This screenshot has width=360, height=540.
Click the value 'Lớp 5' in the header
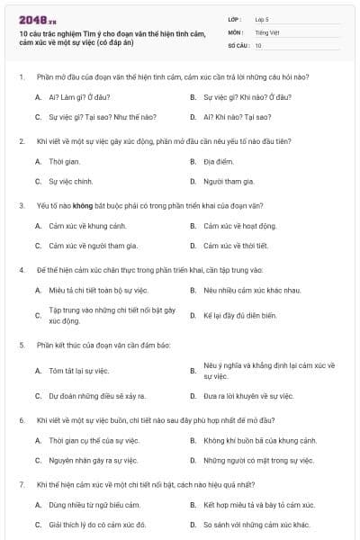pyautogui.click(x=263, y=19)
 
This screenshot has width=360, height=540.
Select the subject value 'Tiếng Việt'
pyautogui.click(x=266, y=31)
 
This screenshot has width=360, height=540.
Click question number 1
pyautogui.click(x=21, y=77)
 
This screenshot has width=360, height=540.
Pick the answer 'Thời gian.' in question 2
pyautogui.click(x=65, y=161)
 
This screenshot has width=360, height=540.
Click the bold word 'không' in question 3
pyautogui.click(x=94, y=205)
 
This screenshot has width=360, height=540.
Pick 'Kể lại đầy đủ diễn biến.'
pyautogui.click(x=239, y=315)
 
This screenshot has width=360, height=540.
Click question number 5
pyautogui.click(x=21, y=346)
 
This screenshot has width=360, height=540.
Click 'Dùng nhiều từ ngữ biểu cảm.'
pyautogui.click(x=94, y=505)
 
